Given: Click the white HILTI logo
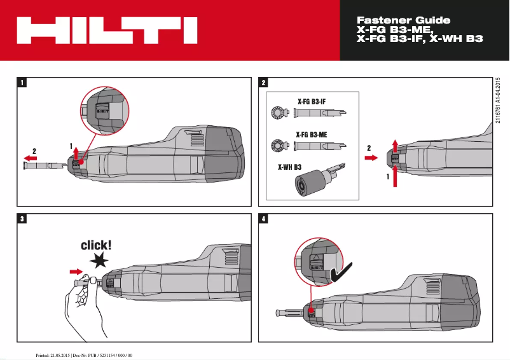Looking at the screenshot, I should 106,30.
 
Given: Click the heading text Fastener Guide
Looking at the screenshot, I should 403,20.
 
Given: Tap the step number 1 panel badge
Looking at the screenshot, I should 22,82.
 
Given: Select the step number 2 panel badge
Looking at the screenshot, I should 264,82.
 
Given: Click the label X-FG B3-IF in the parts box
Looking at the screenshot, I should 312,101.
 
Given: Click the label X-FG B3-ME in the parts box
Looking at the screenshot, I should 312,134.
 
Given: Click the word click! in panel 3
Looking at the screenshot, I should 96,245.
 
